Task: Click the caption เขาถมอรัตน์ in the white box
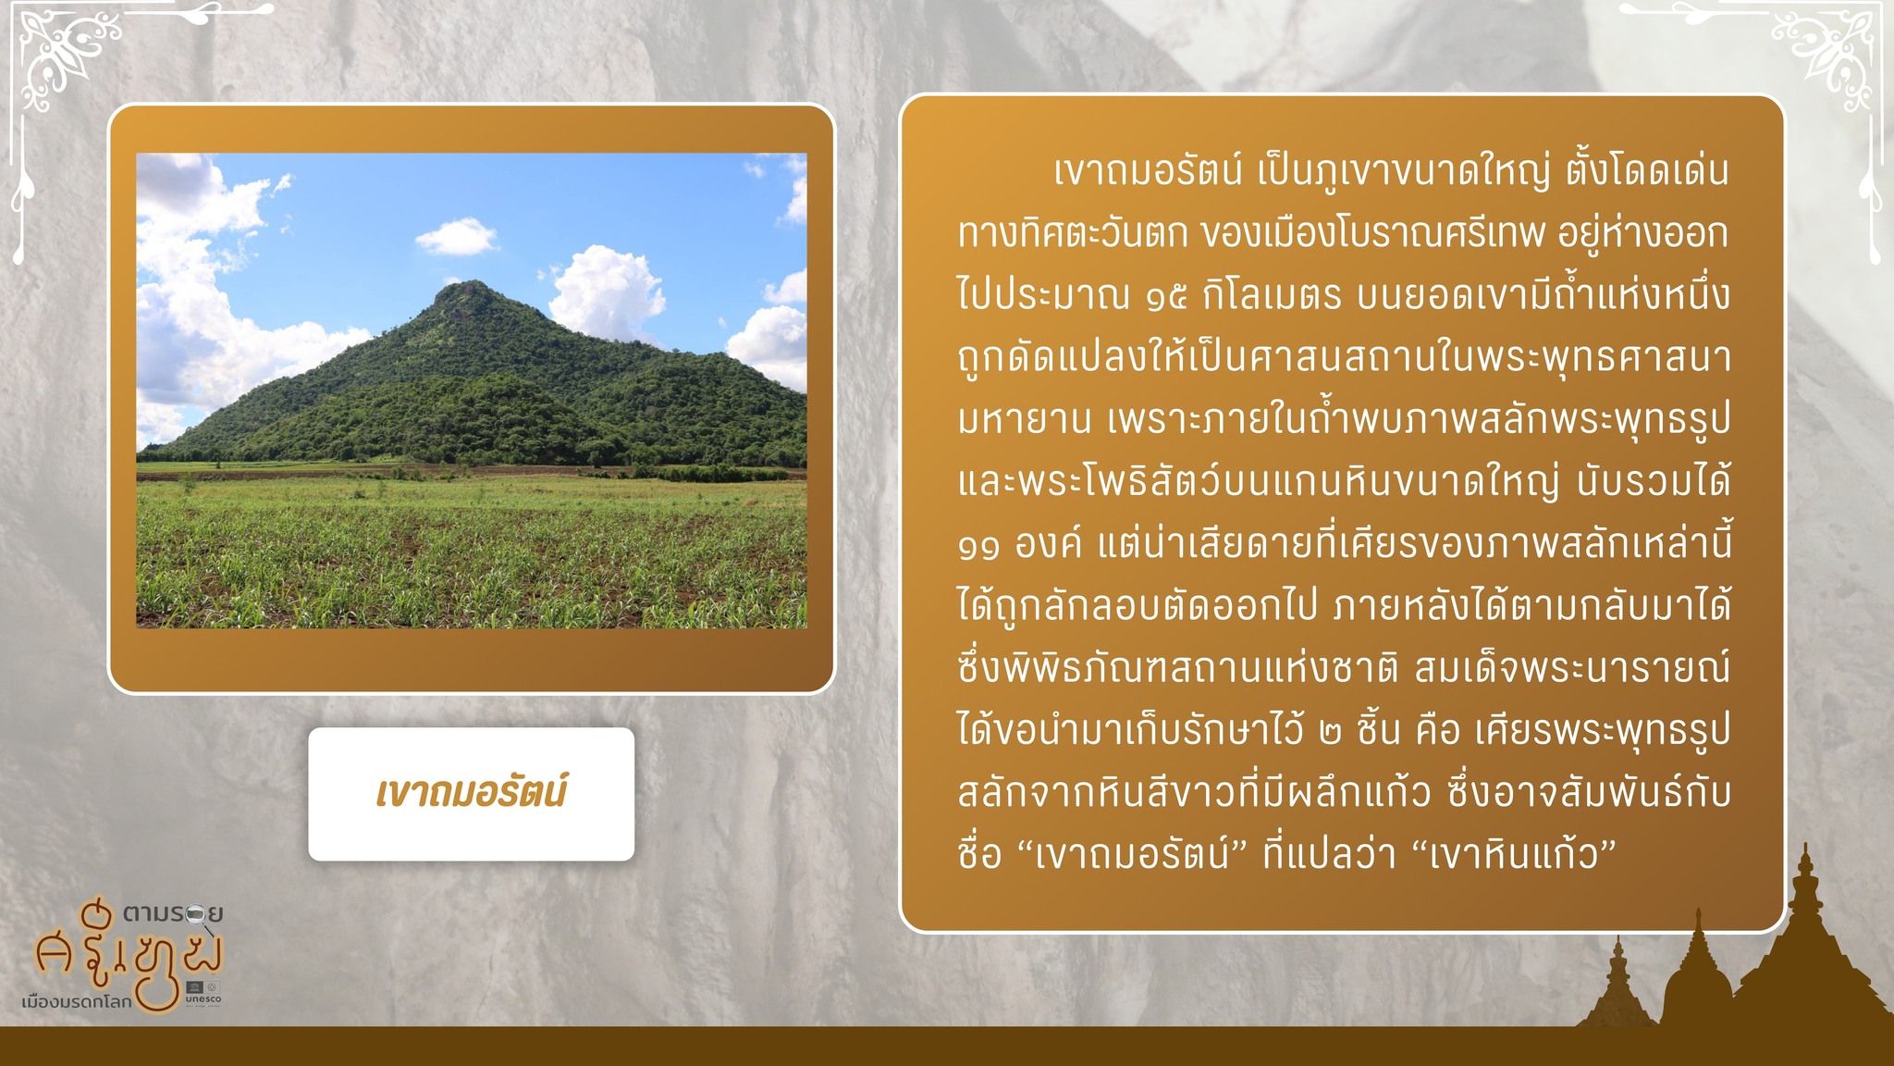[x=471, y=793]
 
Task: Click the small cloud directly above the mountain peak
[x=456, y=237]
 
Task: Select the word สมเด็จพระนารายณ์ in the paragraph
[x=1572, y=668]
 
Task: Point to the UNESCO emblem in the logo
[x=203, y=990]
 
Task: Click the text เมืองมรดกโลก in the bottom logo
[x=77, y=1001]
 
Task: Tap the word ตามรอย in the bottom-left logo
[x=173, y=914]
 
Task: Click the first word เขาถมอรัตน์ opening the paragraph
[x=1148, y=171]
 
